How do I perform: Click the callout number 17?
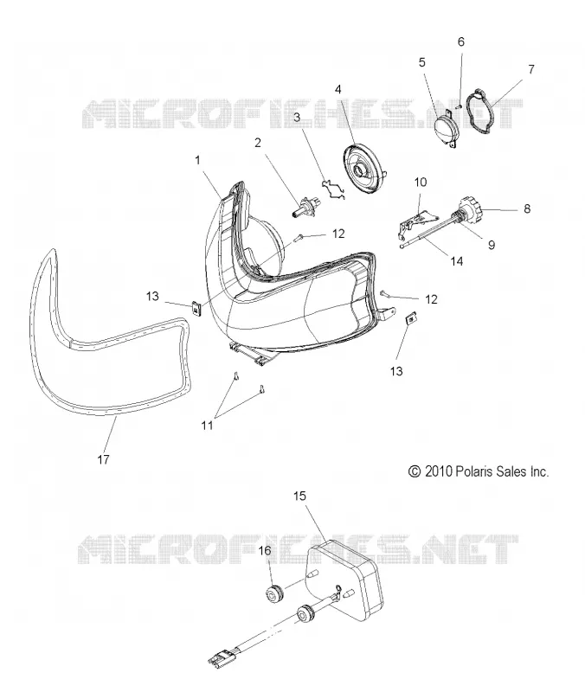point(103,459)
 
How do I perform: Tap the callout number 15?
point(299,496)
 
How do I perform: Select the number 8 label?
point(527,208)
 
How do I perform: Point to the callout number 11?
point(207,426)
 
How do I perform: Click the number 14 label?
point(457,261)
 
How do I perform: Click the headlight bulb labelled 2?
point(305,205)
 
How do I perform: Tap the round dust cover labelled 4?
point(365,170)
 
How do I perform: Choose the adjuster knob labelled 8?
point(469,210)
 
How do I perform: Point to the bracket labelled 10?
point(415,221)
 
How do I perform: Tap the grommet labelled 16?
point(274,594)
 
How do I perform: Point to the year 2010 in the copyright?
point(439,471)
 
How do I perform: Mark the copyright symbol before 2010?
point(415,471)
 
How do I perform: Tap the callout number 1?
point(198,160)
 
